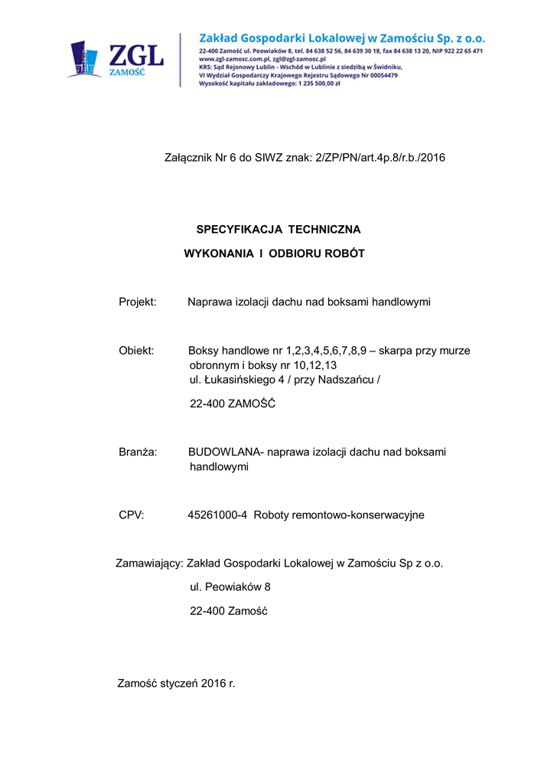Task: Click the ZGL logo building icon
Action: (x=85, y=60)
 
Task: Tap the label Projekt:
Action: (x=138, y=302)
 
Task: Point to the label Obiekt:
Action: (x=137, y=351)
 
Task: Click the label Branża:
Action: (x=138, y=452)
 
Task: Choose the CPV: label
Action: (x=132, y=515)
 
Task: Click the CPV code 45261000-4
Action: (x=217, y=515)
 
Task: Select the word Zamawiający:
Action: (x=149, y=563)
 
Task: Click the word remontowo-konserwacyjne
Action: (x=361, y=515)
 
